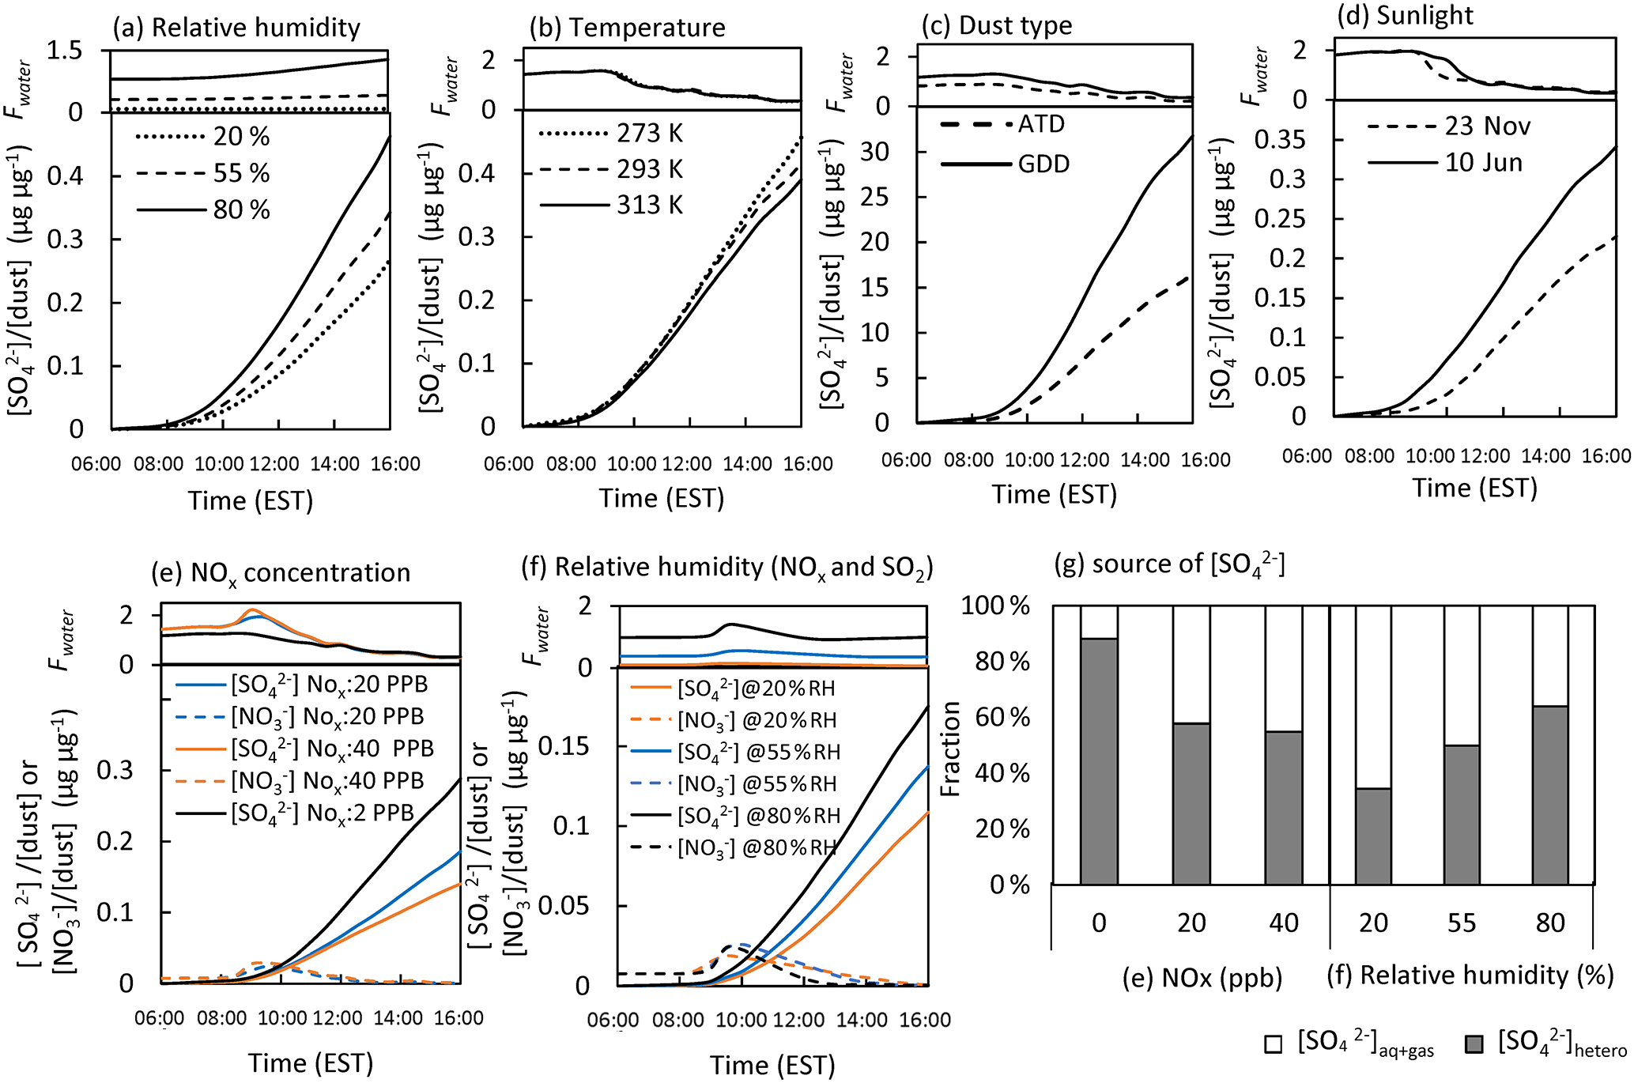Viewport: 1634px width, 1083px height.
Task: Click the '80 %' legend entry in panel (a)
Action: pyautogui.click(x=241, y=209)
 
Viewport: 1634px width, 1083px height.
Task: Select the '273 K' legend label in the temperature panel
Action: pyautogui.click(x=649, y=133)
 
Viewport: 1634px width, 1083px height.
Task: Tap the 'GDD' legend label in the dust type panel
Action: pyautogui.click(x=1043, y=164)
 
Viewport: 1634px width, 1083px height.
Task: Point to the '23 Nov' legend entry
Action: pyautogui.click(x=1487, y=126)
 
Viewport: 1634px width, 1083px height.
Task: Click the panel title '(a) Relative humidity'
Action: pyautogui.click(x=236, y=28)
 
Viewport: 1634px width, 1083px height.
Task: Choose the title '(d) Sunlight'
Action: pyautogui.click(x=1405, y=16)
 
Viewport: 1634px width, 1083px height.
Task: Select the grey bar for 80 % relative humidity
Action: pyautogui.click(x=1549, y=794)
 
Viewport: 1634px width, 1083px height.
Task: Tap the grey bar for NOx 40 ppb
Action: pyautogui.click(x=1283, y=807)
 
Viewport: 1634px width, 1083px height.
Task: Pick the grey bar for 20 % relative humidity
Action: pyautogui.click(x=1373, y=836)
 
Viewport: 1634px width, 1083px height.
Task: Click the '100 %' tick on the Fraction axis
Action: pyautogui.click(x=995, y=606)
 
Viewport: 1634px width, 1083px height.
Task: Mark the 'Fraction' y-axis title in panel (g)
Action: pyautogui.click(x=950, y=749)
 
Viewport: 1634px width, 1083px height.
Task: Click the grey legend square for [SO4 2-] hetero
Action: pyautogui.click(x=1473, y=1044)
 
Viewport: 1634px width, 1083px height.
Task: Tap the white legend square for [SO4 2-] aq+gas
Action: pyautogui.click(x=1273, y=1044)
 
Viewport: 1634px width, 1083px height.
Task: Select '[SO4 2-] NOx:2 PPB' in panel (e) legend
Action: pyautogui.click(x=322, y=813)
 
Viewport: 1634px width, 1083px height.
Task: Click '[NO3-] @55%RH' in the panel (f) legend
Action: pyautogui.click(x=757, y=783)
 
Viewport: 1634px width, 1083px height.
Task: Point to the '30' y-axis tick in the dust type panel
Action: pyautogui.click(x=874, y=152)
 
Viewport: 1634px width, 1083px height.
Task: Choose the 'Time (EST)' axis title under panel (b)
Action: pyautogui.click(x=661, y=499)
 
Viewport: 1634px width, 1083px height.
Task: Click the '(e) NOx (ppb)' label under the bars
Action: pyautogui.click(x=1202, y=978)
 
